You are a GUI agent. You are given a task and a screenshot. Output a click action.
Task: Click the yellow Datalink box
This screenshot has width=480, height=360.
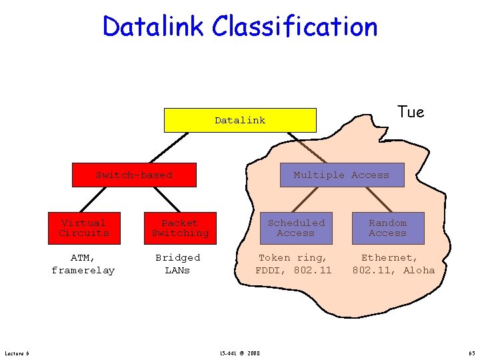(240, 121)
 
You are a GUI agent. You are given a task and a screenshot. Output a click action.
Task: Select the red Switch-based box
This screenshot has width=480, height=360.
(134, 175)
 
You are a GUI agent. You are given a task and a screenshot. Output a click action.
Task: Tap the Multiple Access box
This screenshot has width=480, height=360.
(341, 175)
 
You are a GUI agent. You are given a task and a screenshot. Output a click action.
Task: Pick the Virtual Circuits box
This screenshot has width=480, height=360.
(84, 228)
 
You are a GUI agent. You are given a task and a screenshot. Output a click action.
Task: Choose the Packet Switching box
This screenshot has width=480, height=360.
(180, 228)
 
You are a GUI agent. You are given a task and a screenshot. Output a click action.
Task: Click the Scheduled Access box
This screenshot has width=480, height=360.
(296, 228)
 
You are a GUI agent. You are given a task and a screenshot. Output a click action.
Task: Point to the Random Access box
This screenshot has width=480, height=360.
(387, 228)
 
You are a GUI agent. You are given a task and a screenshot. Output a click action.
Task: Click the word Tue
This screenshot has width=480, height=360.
(410, 112)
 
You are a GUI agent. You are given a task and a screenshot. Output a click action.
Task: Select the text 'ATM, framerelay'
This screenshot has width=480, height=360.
(83, 264)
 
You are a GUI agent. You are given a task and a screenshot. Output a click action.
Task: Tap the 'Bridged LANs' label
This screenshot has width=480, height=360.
(177, 264)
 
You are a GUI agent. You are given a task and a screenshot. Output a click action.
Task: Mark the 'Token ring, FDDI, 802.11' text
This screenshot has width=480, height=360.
(293, 264)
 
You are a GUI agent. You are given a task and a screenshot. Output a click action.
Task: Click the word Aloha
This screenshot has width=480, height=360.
(419, 270)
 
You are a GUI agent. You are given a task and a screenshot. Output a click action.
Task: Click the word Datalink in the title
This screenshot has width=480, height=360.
(155, 27)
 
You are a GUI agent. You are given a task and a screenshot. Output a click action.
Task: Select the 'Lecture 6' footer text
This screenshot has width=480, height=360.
(17, 353)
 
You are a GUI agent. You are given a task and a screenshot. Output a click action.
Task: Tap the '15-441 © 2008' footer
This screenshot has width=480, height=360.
(240, 353)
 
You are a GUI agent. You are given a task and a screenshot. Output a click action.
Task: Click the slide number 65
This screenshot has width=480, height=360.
(471, 353)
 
